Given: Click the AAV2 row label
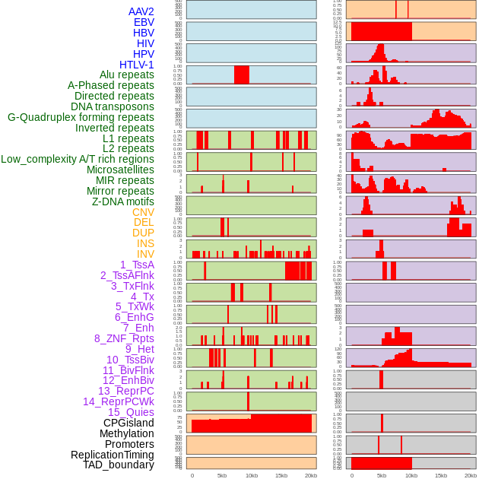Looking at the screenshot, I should coord(141,11).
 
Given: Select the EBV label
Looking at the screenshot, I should coord(144,22).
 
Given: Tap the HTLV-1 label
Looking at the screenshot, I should coord(137,65).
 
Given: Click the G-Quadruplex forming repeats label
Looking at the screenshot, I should coord(81,117).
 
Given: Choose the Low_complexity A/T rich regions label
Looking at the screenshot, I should coord(78,159).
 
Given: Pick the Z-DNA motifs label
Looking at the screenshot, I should coord(123,201).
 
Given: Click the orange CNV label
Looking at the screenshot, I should coord(143,212).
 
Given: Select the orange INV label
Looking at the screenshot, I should coord(145,254).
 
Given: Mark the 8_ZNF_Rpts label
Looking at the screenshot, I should coord(124,338).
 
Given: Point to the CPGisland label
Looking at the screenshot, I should coord(128,423).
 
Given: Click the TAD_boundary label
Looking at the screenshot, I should coord(118,465).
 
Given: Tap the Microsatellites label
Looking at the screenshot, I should coord(120,170).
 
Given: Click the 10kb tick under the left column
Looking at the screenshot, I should coord(251,475).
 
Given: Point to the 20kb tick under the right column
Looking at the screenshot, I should coord(470,475).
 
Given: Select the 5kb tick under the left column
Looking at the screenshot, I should coord(221,475).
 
